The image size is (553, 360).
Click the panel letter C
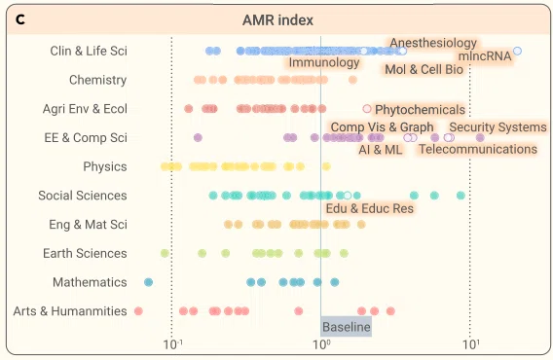(20, 19)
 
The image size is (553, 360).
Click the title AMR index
(277, 20)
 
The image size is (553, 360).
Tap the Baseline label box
(346, 327)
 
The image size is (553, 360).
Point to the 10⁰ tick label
(321, 344)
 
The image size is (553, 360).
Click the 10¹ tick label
(471, 344)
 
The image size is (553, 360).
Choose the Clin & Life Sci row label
(89, 51)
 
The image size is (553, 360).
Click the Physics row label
(105, 166)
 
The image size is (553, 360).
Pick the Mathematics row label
(90, 282)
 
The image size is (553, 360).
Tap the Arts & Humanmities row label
(70, 311)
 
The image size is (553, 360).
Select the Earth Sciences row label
(85, 253)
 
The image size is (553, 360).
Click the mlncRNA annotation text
(485, 56)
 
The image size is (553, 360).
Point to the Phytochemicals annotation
(420, 110)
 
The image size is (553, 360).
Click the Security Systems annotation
(498, 126)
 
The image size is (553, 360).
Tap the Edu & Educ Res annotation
(370, 208)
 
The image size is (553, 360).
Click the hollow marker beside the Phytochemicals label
(367, 109)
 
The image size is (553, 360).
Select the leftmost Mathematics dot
(149, 282)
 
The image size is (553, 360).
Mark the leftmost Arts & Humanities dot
(138, 311)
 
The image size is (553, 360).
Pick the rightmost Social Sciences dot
(461, 196)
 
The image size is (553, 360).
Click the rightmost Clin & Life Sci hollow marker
(517, 51)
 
